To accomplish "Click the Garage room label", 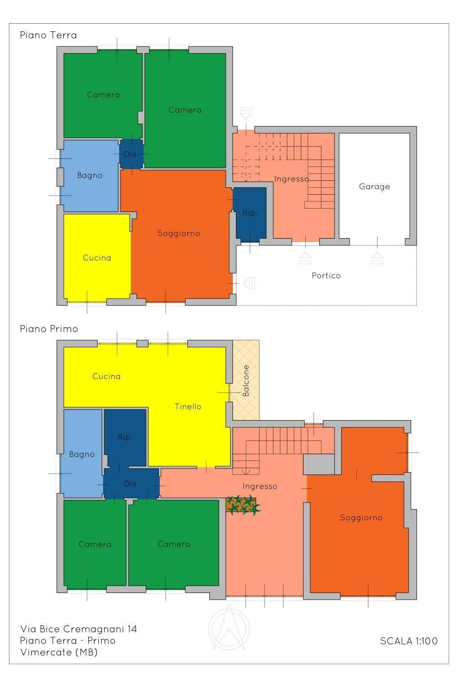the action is [x=374, y=187].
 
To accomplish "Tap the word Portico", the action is [x=326, y=275].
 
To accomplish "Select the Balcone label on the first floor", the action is [x=246, y=380].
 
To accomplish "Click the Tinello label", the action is [x=188, y=407].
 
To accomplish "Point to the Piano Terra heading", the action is [x=48, y=35].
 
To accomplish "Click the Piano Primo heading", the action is [x=49, y=329].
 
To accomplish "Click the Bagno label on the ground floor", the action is [x=90, y=176].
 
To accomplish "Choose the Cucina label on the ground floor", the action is [x=97, y=258].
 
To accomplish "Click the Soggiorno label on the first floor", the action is [x=361, y=518].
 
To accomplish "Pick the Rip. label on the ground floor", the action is [x=250, y=213].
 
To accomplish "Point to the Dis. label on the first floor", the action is [x=131, y=484].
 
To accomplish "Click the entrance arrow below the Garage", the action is [x=377, y=258].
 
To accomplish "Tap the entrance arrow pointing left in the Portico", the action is [x=249, y=283].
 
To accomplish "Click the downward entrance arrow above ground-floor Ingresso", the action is [x=246, y=113].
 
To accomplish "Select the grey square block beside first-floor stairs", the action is [x=319, y=464].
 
